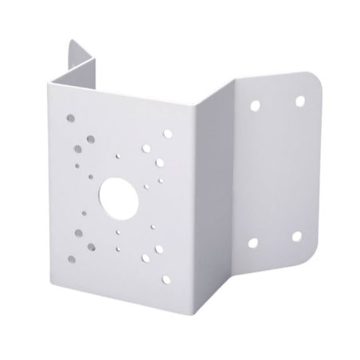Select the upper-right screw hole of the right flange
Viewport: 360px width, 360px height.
pos(299,101)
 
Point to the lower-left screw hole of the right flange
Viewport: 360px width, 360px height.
pos(254,243)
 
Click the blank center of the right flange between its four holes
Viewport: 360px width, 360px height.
pos(277,171)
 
